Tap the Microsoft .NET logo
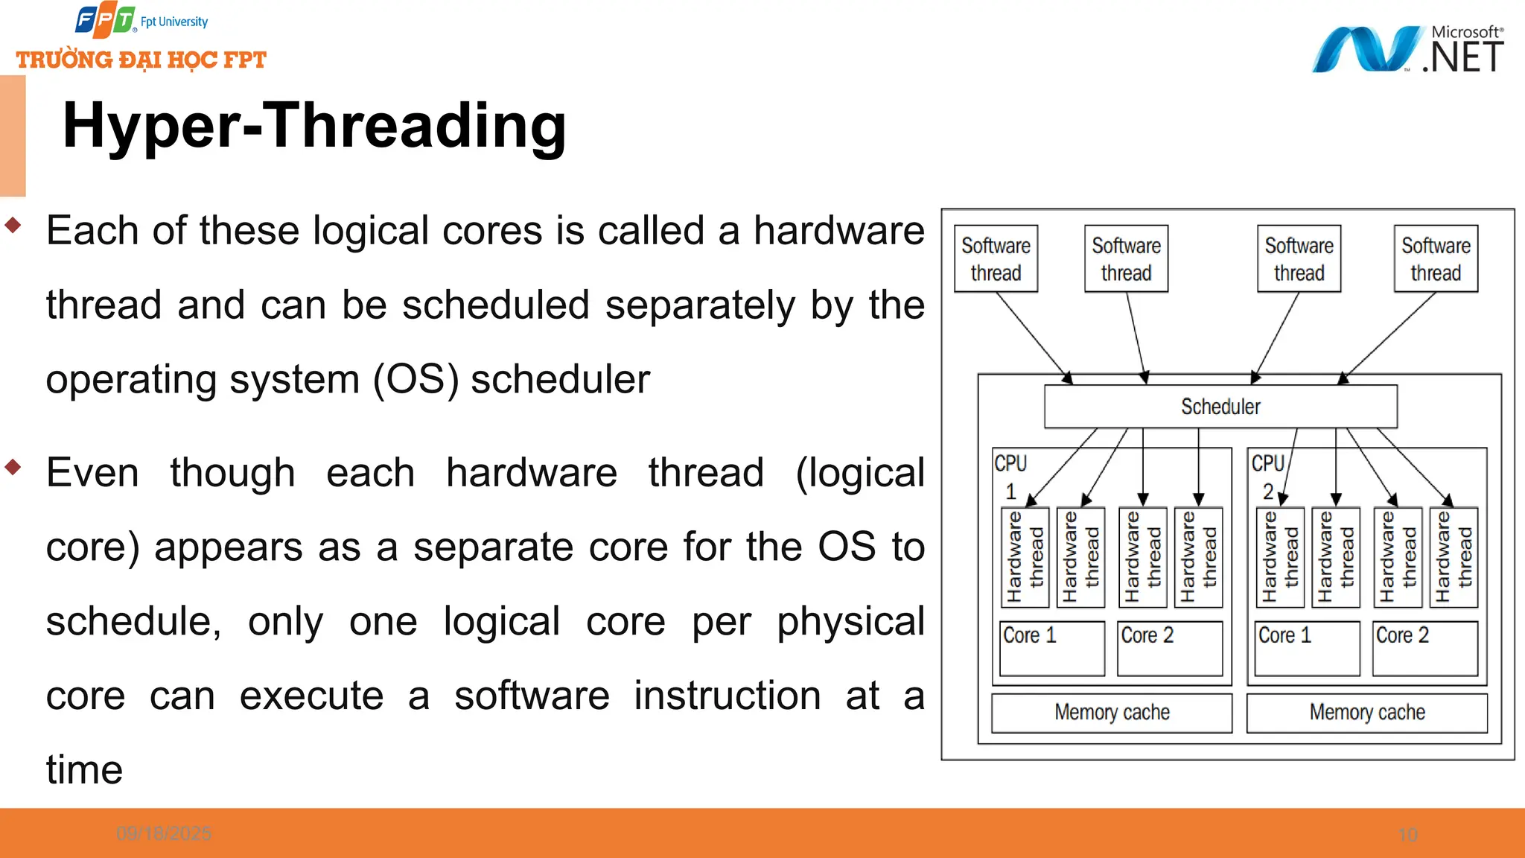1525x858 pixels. pyautogui.click(x=1407, y=49)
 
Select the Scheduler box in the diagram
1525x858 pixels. pyautogui.click(x=1220, y=407)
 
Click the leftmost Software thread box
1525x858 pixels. pyautogui.click(x=996, y=258)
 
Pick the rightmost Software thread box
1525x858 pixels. pyautogui.click(x=1435, y=258)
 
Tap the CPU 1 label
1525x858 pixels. pyautogui.click(x=1010, y=476)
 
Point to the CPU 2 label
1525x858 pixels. pyautogui.click(x=1267, y=476)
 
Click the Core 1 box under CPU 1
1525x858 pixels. pyautogui.click(x=1051, y=648)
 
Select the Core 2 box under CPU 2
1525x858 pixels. pyautogui.click(x=1424, y=648)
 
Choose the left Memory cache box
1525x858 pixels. pyautogui.click(x=1112, y=713)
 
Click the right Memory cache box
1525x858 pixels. pyautogui.click(x=1367, y=713)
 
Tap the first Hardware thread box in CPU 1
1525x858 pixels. pyautogui.click(x=1025, y=557)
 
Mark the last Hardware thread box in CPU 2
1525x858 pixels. pyautogui.click(x=1454, y=557)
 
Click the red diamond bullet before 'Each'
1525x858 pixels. pyautogui.click(x=13, y=225)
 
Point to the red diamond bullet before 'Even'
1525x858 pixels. pyautogui.click(x=13, y=467)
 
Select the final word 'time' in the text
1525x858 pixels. pyautogui.click(x=84, y=769)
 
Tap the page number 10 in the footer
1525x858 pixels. pyautogui.click(x=1407, y=835)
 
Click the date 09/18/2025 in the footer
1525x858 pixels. pyautogui.click(x=164, y=833)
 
